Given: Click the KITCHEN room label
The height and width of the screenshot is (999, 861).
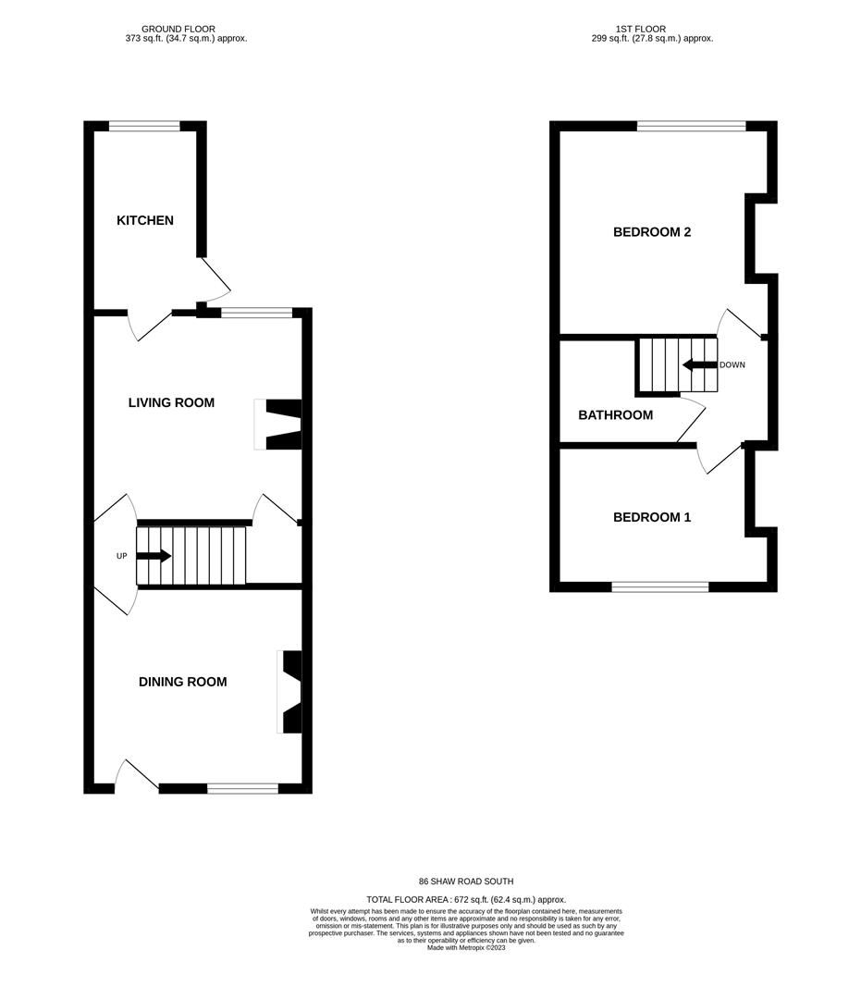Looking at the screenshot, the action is click(144, 220).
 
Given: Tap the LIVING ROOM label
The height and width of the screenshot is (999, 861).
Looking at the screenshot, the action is click(171, 402).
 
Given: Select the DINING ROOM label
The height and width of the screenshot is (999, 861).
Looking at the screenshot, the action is click(183, 682).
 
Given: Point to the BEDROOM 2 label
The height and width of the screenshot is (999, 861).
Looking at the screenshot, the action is click(652, 232).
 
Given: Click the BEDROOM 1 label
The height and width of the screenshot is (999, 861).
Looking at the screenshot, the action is click(652, 517).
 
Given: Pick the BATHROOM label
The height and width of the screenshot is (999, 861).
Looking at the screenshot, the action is click(615, 415).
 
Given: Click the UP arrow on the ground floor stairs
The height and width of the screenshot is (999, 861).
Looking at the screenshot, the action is click(154, 556).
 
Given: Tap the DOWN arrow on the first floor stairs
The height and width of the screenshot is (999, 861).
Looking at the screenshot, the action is click(700, 365).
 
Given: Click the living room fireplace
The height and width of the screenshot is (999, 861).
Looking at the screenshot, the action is click(277, 425).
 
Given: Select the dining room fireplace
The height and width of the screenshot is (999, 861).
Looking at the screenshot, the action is click(289, 691).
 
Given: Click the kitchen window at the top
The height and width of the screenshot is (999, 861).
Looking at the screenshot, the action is click(144, 126).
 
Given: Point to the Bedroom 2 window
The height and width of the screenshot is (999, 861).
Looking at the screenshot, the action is click(692, 126).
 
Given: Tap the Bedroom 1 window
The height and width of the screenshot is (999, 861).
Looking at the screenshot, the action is click(660, 586).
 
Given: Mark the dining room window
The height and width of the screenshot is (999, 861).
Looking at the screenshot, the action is click(242, 789).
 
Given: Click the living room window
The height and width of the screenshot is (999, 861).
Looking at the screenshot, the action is click(257, 313).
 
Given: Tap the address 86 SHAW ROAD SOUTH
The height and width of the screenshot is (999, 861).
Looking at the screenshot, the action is click(466, 882).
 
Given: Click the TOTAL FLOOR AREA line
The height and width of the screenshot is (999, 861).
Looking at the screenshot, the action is click(466, 900).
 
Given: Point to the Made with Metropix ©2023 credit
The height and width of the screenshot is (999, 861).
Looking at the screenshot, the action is click(466, 948).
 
